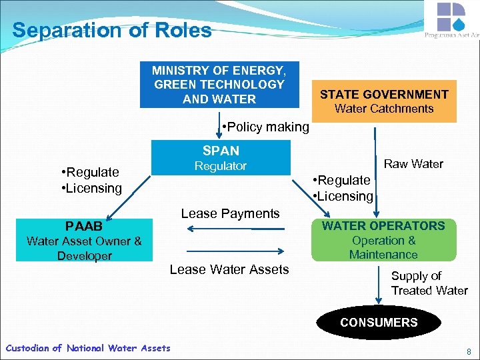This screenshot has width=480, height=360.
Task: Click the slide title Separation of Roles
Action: [112, 31]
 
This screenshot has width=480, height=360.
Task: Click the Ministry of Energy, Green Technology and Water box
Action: [219, 85]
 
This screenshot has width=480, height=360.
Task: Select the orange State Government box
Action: [384, 101]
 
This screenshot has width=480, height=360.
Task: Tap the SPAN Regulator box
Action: [221, 158]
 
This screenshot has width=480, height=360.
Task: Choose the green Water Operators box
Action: [383, 240]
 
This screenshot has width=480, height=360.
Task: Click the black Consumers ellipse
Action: [379, 323]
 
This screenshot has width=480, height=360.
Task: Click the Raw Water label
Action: [413, 164]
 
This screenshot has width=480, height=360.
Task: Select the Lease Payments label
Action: [230, 213]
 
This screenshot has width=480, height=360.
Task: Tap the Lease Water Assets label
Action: [229, 269]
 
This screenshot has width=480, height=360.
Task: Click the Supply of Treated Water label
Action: [429, 283]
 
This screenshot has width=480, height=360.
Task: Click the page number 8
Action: [469, 351]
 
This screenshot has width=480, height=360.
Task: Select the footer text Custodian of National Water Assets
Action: [87, 348]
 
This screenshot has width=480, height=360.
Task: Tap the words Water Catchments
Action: [384, 109]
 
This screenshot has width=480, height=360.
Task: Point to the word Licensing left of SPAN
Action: [93, 188]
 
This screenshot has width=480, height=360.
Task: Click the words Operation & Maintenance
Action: [383, 247]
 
